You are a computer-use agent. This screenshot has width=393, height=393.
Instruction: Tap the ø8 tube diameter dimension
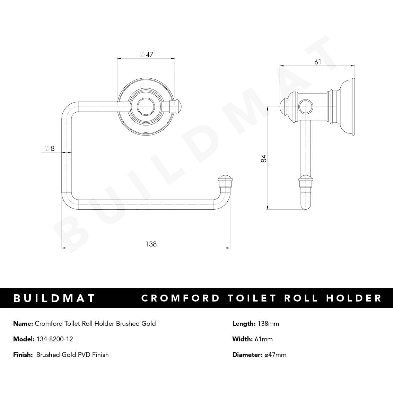[x=50, y=148]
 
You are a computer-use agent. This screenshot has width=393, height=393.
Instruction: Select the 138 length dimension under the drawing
[x=151, y=244]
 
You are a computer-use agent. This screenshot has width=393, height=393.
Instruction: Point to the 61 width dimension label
[x=318, y=62]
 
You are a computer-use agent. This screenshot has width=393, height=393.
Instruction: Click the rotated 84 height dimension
[x=264, y=159]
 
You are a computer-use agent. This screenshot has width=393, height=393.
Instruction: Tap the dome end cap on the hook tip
[x=225, y=180]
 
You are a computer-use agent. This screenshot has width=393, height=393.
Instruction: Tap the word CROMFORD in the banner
[x=181, y=298]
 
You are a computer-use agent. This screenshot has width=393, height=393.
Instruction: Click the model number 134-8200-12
[x=55, y=339]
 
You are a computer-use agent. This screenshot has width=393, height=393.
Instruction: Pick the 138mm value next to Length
[x=268, y=324]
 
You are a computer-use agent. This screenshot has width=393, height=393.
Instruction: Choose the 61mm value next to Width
[x=264, y=339]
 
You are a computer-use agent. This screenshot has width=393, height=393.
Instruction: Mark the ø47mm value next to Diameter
[x=275, y=355]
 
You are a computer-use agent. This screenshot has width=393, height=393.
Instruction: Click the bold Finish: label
[x=23, y=355]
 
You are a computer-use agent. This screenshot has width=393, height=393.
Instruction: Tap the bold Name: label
[x=23, y=324]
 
